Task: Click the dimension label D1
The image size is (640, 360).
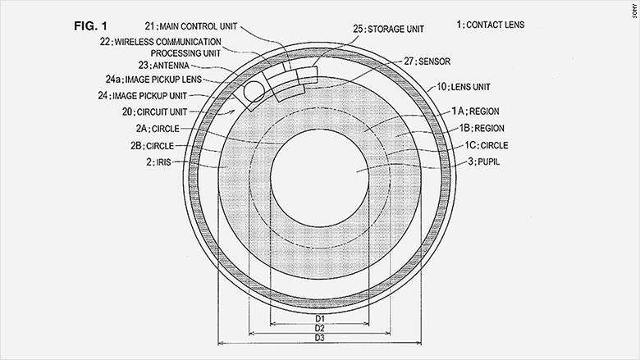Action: click(x=320, y=317)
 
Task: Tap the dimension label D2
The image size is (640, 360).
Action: click(x=320, y=328)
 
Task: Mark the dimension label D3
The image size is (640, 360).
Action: click(x=320, y=339)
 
